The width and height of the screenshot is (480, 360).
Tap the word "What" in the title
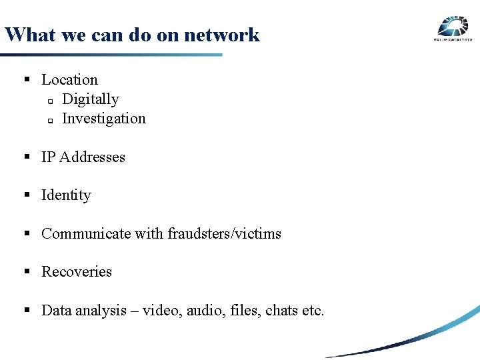pyautogui.click(x=25, y=35)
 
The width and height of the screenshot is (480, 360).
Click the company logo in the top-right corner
pyautogui.click(x=453, y=28)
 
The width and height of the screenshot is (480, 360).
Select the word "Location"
pyautogui.click(x=69, y=80)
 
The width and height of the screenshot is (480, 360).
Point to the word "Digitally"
pyautogui.click(x=90, y=99)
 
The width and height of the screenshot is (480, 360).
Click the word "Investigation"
pyautogui.click(x=103, y=119)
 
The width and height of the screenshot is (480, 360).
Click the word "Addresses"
pyautogui.click(x=92, y=157)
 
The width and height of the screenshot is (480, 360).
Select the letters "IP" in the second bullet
pyautogui.click(x=48, y=157)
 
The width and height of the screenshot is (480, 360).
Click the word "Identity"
pyautogui.click(x=66, y=195)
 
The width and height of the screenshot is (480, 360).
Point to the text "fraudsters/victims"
pyautogui.click(x=224, y=234)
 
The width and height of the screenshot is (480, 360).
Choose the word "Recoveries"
pyautogui.click(x=77, y=272)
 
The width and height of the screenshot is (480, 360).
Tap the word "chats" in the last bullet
pyautogui.click(x=283, y=311)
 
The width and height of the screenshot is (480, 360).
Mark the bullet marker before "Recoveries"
pyautogui.click(x=28, y=272)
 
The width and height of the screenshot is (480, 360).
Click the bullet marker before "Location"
pyautogui.click(x=28, y=80)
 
